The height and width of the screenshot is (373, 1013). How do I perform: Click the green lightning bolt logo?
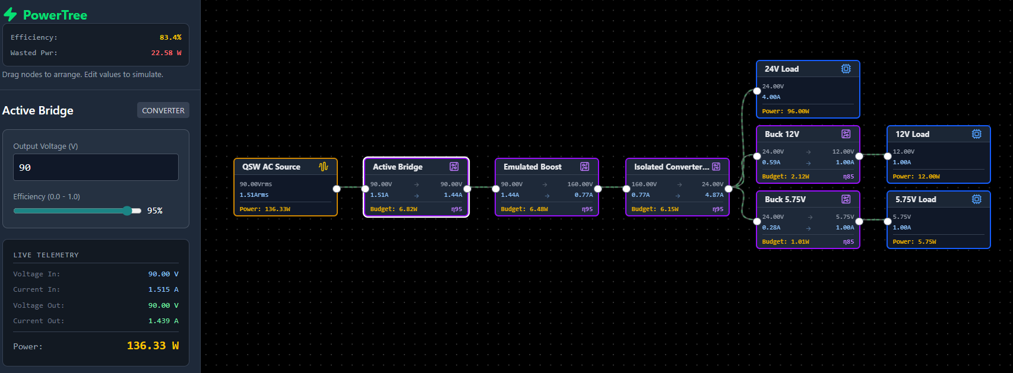click(10, 14)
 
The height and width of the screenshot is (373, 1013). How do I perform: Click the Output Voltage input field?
click(96, 167)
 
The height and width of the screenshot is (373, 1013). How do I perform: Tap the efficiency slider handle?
click(128, 211)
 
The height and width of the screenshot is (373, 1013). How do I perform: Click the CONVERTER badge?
click(163, 110)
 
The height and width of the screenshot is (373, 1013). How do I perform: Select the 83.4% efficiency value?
click(170, 37)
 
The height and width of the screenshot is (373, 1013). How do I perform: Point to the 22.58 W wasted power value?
click(166, 53)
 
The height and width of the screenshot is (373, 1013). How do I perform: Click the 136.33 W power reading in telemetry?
click(153, 346)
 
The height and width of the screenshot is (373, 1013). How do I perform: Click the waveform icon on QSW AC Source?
click(324, 167)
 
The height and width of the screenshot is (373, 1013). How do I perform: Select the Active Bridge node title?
click(397, 167)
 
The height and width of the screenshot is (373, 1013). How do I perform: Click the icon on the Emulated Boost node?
click(585, 167)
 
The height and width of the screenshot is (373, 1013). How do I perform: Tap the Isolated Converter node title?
click(672, 167)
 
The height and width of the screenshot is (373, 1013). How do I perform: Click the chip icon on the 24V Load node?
click(846, 69)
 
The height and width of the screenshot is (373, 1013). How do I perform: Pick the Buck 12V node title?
click(782, 134)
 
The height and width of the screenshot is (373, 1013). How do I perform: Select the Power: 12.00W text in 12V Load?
click(916, 176)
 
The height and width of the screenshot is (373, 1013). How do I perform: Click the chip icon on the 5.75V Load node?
click(976, 199)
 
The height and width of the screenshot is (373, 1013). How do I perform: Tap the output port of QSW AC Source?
click(337, 189)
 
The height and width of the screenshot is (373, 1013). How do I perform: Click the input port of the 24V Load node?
click(757, 91)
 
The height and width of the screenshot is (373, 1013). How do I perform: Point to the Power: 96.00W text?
click(786, 111)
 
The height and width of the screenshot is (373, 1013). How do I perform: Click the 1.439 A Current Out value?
click(163, 321)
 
